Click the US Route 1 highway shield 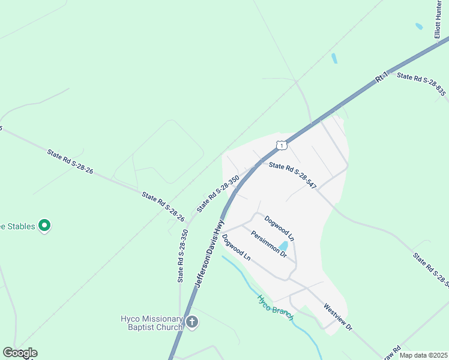coord(282,145)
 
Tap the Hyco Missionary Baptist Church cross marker coord(191,322)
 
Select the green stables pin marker coord(44,226)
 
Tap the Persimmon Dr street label coord(269,244)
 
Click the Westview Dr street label coord(337,317)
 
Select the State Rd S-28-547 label coord(292,175)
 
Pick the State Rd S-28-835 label coord(421,84)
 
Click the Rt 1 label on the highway coord(381,77)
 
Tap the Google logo coord(20,353)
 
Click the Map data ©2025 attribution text coord(423,355)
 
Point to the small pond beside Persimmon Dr coord(283,246)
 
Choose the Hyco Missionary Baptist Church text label coord(151,322)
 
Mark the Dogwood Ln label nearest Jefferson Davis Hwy coord(236,247)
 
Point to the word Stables coord(20,226)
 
